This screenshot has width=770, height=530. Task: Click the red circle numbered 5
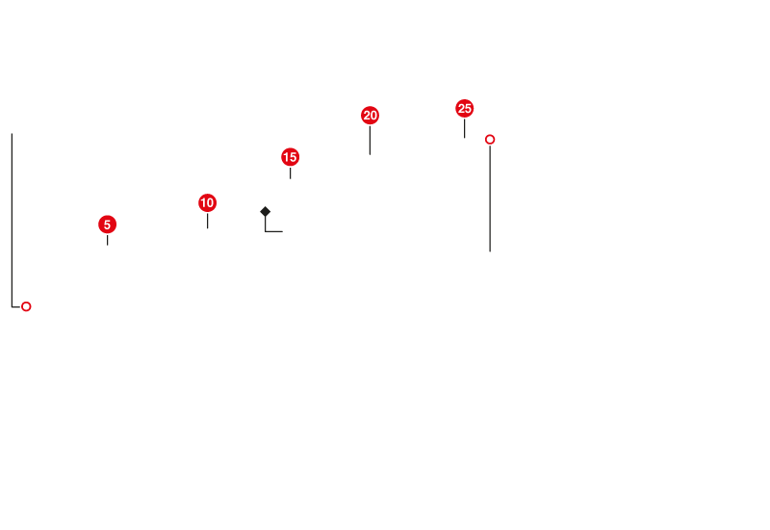coord(107,225)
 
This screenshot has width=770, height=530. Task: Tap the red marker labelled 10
coord(207,202)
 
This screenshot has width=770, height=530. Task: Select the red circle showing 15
coord(290,157)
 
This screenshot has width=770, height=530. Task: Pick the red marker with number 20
coord(370,116)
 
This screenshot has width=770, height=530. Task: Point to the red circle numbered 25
coord(464,108)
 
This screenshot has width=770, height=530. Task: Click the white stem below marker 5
coord(107,241)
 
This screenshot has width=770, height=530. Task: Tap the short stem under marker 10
coord(207,222)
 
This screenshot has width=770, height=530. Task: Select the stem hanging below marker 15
coord(290,174)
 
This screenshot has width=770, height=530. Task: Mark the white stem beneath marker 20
coord(370,141)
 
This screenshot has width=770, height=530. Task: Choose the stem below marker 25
coord(464,129)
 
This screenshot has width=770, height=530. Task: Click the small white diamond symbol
coord(265,211)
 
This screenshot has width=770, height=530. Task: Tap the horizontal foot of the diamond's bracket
coord(274,231)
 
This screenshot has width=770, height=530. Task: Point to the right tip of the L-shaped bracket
coord(283,231)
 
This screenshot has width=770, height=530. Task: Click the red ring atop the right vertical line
coord(490,139)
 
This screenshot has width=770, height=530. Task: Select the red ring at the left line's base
coord(26,306)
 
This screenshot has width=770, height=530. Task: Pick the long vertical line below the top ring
coord(490,199)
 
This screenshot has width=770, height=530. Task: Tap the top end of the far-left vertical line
coord(12,133)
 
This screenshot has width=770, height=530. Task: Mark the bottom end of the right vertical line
coord(490,251)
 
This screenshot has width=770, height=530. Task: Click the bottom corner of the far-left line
coord(12,306)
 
